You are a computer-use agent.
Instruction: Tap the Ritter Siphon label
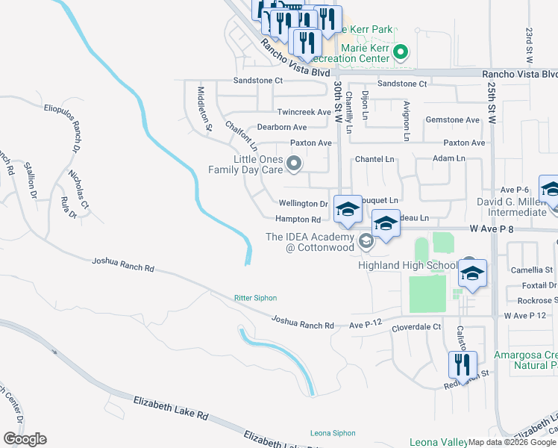click(255, 298)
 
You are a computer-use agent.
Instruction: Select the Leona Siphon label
click(330, 434)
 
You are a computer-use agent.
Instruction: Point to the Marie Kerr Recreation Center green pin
click(401, 52)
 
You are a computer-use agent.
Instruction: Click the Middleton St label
click(203, 108)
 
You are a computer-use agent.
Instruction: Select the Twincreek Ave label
click(304, 112)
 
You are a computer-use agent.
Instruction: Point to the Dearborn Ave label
click(282, 128)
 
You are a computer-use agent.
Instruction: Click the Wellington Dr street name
click(303, 203)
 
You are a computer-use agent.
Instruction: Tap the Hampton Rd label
click(298, 220)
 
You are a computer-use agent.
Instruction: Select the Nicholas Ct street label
click(77, 193)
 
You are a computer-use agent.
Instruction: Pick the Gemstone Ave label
click(452, 119)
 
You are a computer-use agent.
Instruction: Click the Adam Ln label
click(449, 158)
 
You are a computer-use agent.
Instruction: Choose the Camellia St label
click(532, 270)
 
